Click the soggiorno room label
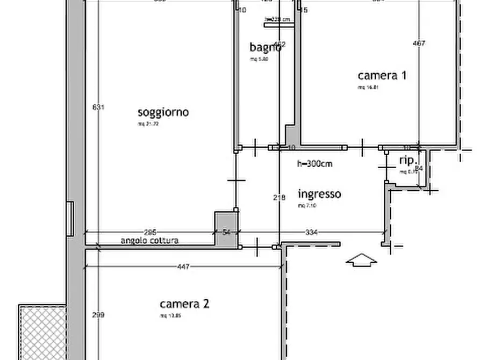tap(163, 112)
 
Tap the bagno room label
tap(264, 47)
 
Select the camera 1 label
tap(382, 75)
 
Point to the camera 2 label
tap(184, 304)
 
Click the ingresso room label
tap(319, 194)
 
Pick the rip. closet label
tap(410, 161)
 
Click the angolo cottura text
tap(149, 241)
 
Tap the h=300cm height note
tap(315, 164)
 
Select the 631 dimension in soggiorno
tap(98, 107)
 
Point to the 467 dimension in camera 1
tap(419, 43)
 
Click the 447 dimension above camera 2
tap(183, 267)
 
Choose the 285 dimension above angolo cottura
tap(150, 232)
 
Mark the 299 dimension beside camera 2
tap(98, 315)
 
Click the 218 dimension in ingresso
tap(279, 198)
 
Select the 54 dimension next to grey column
tap(226, 232)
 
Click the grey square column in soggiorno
tap(226, 229)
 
